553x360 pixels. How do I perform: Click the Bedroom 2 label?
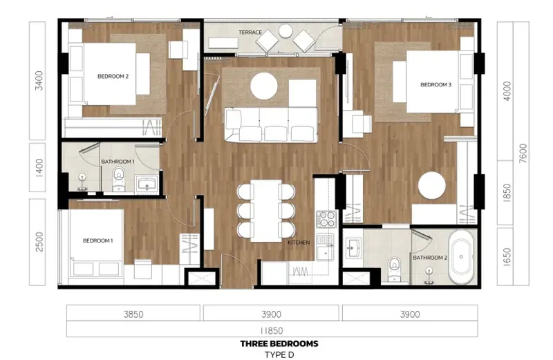[113, 76]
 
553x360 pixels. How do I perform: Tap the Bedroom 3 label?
[435, 84]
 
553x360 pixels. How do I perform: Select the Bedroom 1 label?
[97, 241]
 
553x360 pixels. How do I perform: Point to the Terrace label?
[250, 32]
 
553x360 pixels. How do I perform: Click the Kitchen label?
[299, 243]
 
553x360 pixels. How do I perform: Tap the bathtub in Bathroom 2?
[461, 257]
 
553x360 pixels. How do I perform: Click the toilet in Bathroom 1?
[118, 179]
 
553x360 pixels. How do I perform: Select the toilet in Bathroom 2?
[394, 269]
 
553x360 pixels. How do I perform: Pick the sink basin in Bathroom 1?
[147, 184]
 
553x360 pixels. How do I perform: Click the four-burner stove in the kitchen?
[326, 219]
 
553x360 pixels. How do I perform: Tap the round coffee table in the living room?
[264, 86]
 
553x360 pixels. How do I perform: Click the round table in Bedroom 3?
[432, 186]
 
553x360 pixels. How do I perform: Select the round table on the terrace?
[285, 31]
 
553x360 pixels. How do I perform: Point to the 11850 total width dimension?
[272, 331]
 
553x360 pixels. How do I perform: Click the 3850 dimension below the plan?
[133, 314]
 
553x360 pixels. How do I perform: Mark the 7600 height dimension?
[523, 153]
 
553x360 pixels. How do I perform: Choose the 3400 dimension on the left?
[39, 81]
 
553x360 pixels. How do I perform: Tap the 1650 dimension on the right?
[507, 257]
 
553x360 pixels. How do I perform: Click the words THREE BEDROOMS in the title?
[279, 344]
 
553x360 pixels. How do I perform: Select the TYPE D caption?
[279, 354]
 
